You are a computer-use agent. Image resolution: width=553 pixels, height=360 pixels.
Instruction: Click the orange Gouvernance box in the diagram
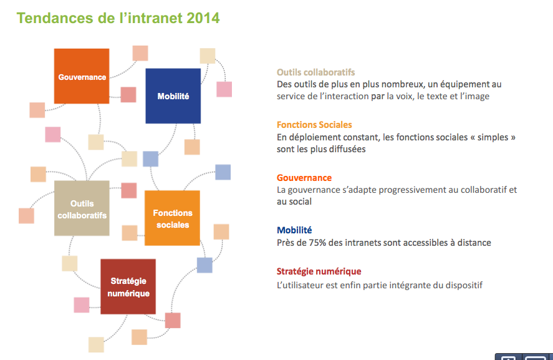(x=82, y=76)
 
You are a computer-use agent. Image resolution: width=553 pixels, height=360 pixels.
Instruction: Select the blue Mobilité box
(x=173, y=96)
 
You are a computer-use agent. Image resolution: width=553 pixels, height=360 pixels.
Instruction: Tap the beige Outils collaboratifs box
(x=82, y=208)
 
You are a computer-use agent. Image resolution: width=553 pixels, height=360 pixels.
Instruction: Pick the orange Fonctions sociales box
(x=173, y=218)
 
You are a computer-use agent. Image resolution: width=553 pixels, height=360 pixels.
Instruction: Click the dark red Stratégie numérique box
(x=128, y=286)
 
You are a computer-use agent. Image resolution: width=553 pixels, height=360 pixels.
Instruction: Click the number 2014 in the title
(x=203, y=18)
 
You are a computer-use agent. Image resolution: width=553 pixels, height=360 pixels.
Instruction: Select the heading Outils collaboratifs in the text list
(x=315, y=72)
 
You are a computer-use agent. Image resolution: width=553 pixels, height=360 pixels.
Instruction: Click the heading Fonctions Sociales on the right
(x=314, y=125)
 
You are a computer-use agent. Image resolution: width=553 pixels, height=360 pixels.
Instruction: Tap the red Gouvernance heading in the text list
(x=304, y=178)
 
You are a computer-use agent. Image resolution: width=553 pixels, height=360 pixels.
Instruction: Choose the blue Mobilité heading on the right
(x=294, y=230)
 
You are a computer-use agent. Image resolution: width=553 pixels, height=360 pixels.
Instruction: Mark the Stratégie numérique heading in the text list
(x=319, y=271)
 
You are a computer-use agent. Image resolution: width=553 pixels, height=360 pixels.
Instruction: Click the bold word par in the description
(x=378, y=97)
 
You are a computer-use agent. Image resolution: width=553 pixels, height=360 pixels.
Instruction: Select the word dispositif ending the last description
(x=464, y=285)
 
